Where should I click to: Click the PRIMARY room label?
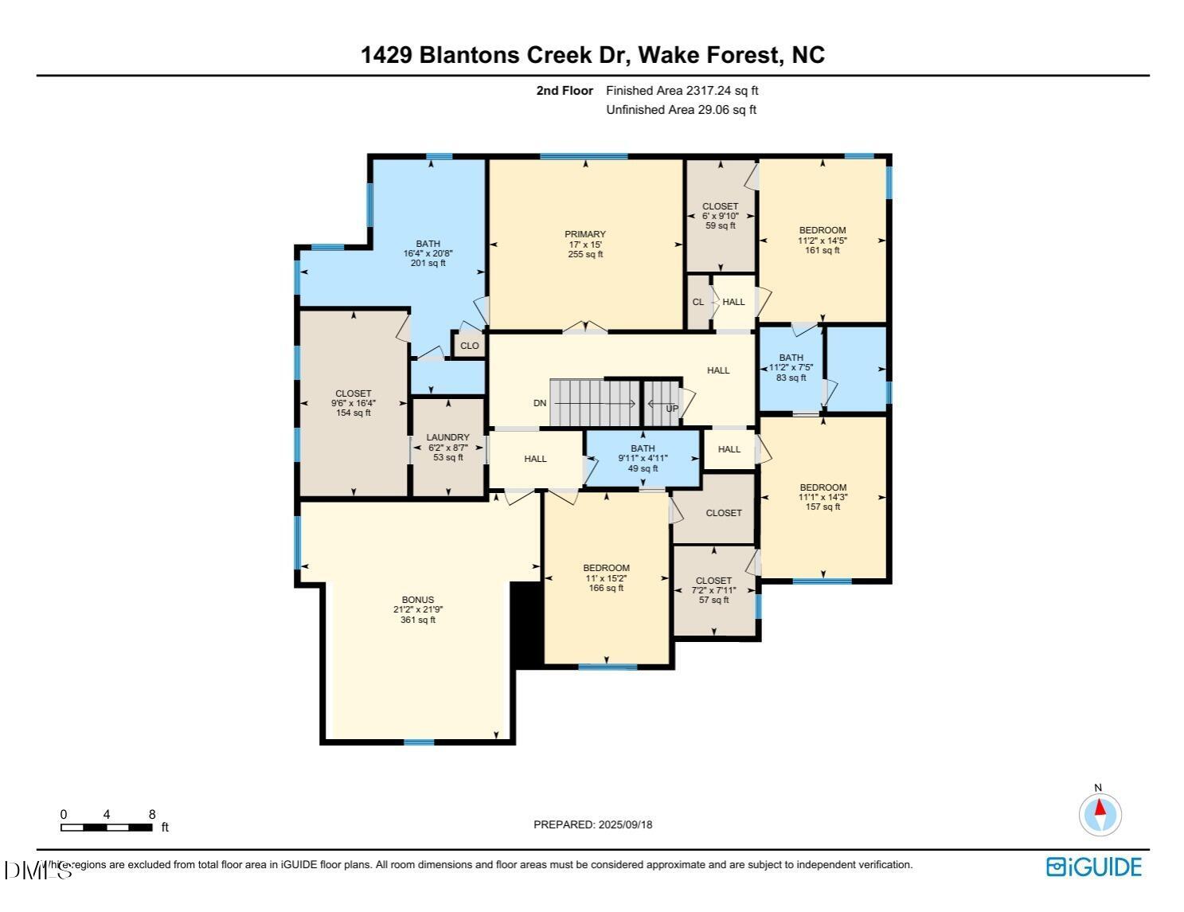click(585, 234)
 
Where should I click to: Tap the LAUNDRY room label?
click(447, 437)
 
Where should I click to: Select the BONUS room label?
click(418, 600)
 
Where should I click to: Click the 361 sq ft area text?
click(418, 620)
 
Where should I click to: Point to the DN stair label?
click(540, 403)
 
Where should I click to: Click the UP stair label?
click(672, 409)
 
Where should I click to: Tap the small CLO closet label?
click(470, 346)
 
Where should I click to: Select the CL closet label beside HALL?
click(698, 302)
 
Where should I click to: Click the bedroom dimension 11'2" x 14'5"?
click(823, 241)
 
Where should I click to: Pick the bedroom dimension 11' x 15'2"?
click(606, 578)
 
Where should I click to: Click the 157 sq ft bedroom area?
click(823, 507)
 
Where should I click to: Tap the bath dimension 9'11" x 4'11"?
click(643, 458)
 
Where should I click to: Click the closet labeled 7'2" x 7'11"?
click(713, 590)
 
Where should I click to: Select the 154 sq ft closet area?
click(354, 413)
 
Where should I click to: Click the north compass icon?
click(1100, 814)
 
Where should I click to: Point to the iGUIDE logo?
click(1094, 867)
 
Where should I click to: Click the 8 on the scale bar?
click(152, 814)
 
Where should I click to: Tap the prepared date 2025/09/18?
click(625, 824)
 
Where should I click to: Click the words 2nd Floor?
click(565, 91)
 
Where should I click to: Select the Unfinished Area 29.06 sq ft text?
click(681, 110)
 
